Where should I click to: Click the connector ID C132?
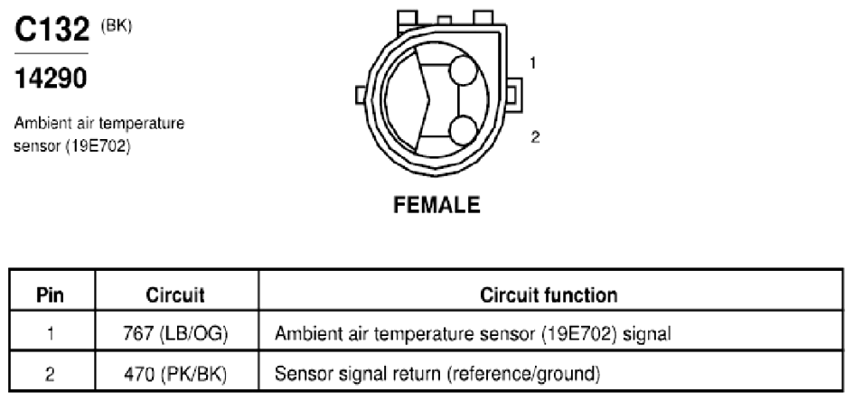point(52,30)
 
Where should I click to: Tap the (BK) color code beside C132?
point(116,27)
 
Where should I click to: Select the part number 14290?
point(51,79)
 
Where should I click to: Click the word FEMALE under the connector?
point(436,205)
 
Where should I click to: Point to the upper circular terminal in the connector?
point(463,70)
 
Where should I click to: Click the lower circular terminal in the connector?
point(464,131)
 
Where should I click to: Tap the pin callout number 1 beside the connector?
point(532,63)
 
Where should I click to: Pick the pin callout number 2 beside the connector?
point(535,137)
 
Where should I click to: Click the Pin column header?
point(50,295)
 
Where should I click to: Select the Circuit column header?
point(175,295)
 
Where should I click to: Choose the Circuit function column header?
point(549,295)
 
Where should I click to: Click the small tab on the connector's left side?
point(361,95)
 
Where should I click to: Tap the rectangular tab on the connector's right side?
point(513,95)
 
